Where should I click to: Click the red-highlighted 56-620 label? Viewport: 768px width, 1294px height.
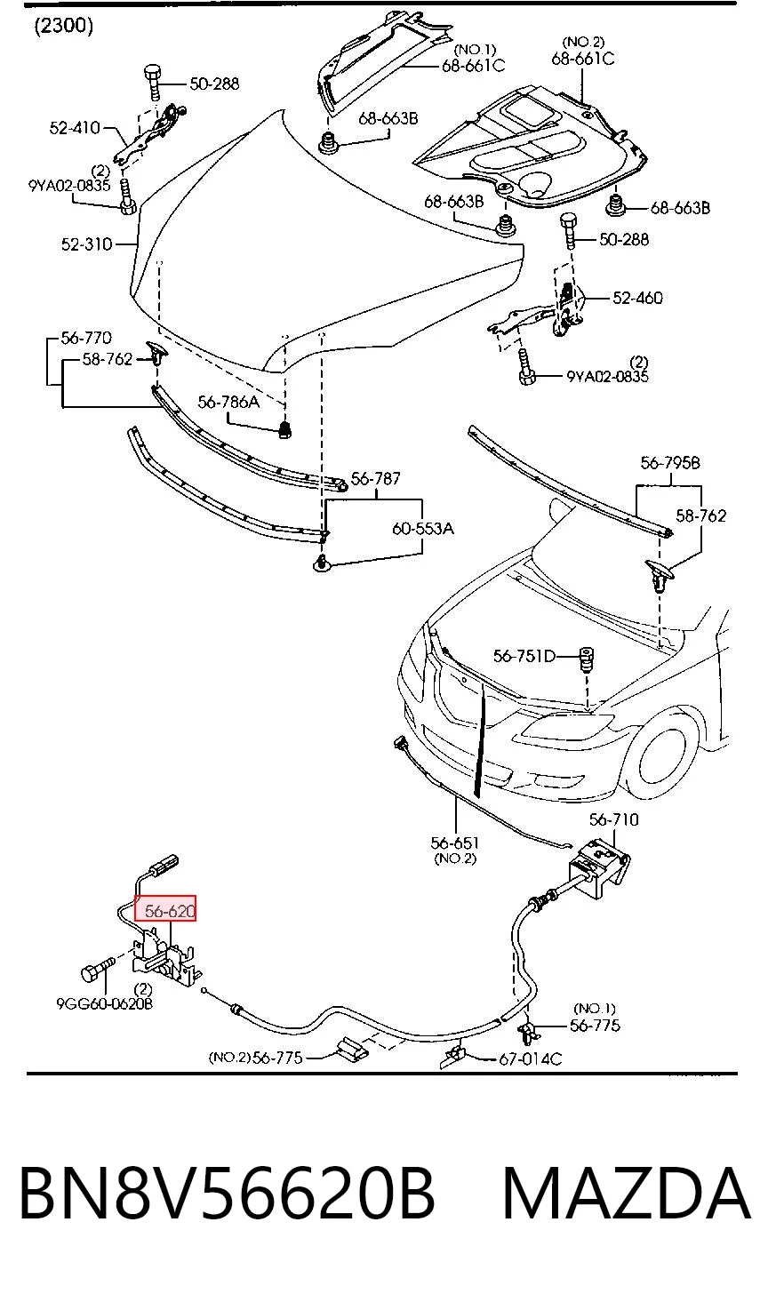[x=166, y=910]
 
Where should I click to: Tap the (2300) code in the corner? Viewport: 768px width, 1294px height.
[x=64, y=26]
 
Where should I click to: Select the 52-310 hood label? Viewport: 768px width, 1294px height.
[x=87, y=244]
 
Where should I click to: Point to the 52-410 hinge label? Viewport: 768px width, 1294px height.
[x=76, y=128]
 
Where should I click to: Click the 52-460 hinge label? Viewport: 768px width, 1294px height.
[x=637, y=298]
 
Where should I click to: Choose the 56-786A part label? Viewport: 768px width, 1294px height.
[x=228, y=402]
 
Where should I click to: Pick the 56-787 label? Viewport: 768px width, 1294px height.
[x=376, y=478]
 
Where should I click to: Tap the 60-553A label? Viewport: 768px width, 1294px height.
[x=423, y=529]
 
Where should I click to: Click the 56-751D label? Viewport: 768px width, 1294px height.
[x=524, y=656]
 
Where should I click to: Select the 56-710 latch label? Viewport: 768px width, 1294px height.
[x=613, y=819]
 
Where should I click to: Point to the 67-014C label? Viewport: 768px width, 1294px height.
[x=531, y=1058]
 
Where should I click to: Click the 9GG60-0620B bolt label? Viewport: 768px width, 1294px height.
[x=105, y=1003]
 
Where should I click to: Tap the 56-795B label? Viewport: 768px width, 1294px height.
[x=670, y=463]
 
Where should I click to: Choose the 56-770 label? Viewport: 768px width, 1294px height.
[x=86, y=338]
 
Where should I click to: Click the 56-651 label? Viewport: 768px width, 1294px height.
[x=455, y=843]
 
